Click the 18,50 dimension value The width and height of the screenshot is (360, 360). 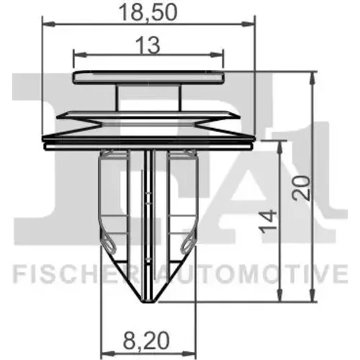coord(148,12)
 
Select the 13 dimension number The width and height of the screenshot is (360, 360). coord(148,45)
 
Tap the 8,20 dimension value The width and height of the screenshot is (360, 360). coord(146,341)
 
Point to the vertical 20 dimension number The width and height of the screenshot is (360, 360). coord(301,188)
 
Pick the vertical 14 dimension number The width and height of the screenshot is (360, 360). coord(268,221)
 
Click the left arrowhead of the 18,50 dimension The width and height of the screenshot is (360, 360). coord(48,24)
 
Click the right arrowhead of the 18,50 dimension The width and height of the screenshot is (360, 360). coord(248,24)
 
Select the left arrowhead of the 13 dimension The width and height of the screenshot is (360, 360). coord(80,55)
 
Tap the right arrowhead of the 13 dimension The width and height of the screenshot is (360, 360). coord(217,55)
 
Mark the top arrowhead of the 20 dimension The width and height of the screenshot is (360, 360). coord(312,78)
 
